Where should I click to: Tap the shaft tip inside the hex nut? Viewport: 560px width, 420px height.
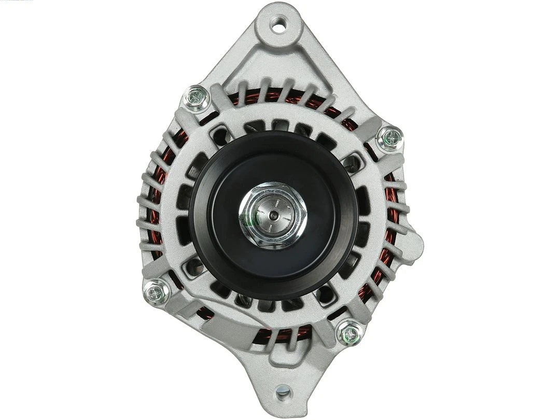(x=273, y=214)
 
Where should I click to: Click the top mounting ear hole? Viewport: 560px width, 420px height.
(x=279, y=24)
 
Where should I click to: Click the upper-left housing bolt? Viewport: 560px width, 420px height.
(x=197, y=97)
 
